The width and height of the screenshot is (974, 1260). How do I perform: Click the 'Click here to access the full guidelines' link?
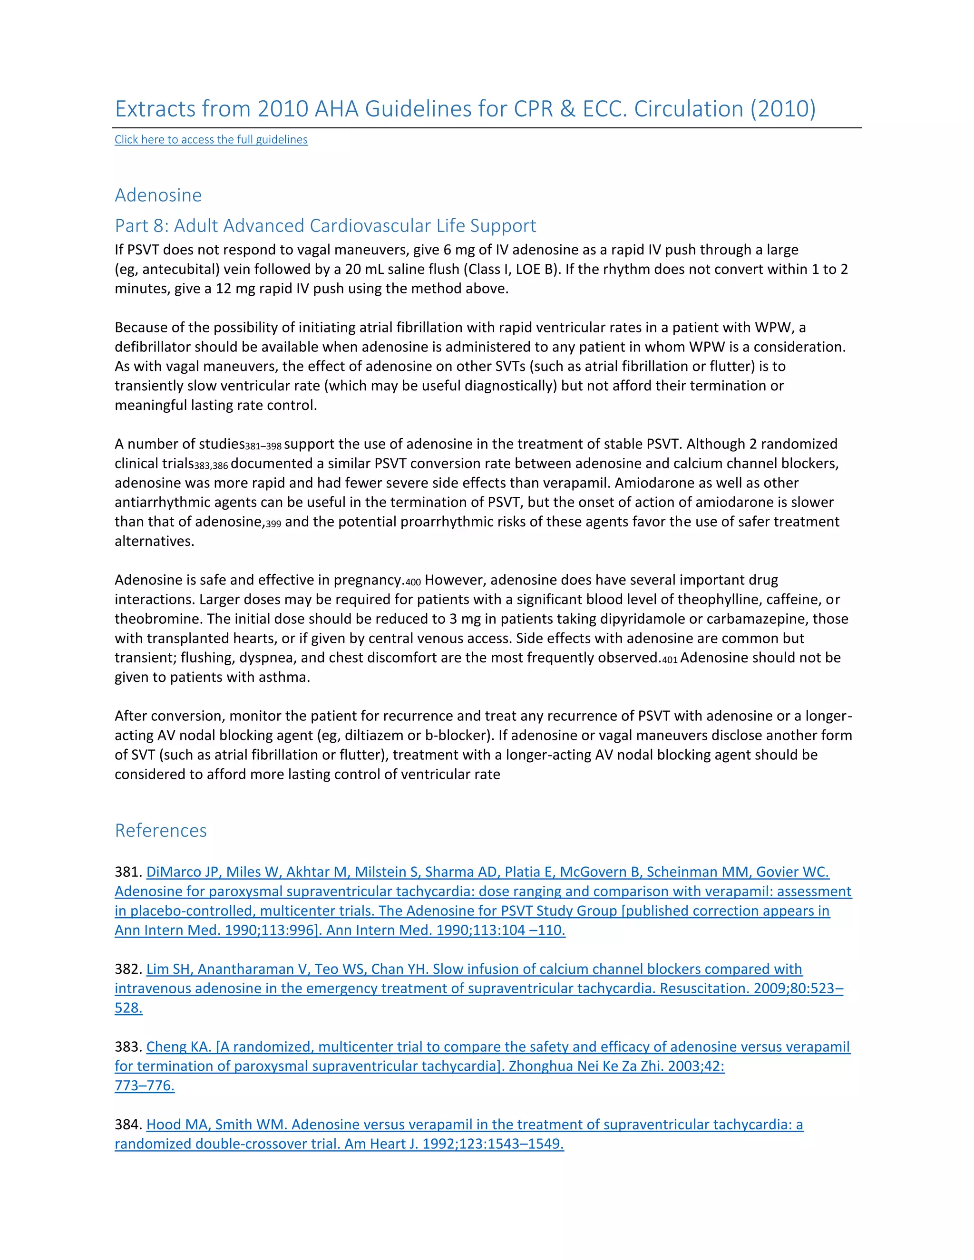(211, 140)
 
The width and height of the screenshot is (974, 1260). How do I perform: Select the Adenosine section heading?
(158, 195)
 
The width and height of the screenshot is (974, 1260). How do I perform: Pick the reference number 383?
(127, 1047)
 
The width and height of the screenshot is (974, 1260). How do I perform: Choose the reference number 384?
(127, 1124)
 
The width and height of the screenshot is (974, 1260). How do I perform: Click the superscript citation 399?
(273, 524)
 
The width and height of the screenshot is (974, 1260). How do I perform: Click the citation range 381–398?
(263, 446)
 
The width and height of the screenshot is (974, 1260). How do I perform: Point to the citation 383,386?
(211, 466)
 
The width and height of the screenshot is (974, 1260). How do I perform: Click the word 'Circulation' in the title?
(688, 109)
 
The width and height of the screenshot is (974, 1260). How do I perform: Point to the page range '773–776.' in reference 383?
(144, 1086)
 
